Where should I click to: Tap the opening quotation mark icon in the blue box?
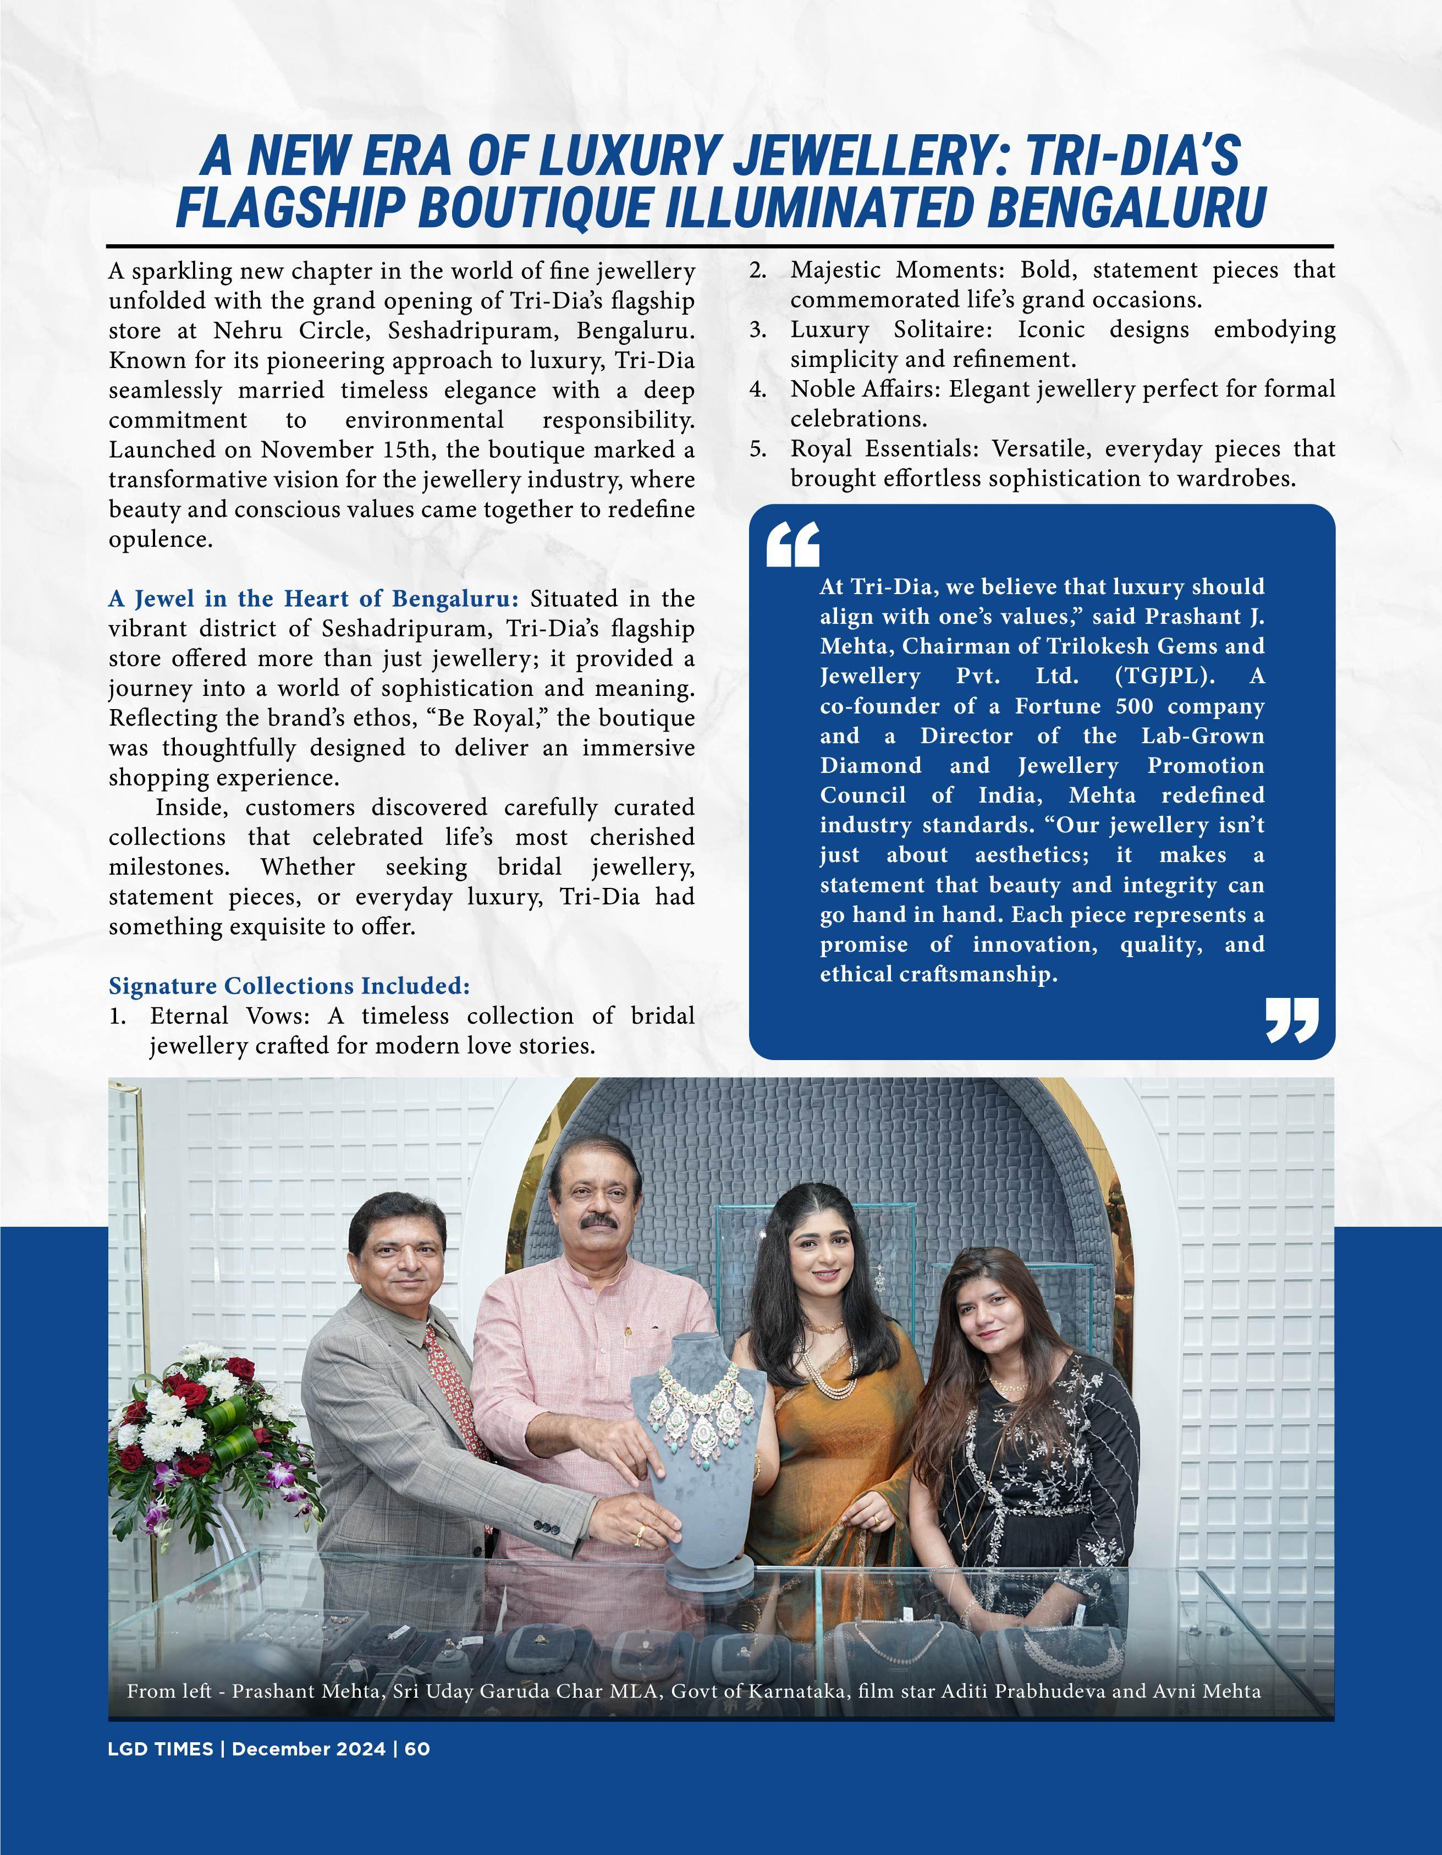(x=792, y=545)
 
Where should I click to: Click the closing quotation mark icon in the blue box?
(x=1292, y=1020)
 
